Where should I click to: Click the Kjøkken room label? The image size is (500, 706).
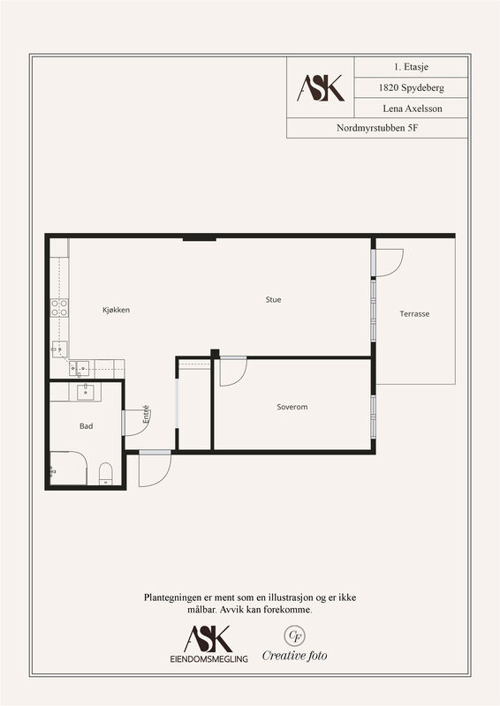(117, 310)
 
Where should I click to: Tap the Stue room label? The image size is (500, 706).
(273, 299)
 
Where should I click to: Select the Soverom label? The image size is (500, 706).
(292, 407)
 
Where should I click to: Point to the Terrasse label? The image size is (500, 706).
(414, 314)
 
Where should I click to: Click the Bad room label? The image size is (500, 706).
(86, 426)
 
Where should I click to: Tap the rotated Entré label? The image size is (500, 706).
(146, 414)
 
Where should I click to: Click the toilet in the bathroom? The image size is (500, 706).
(105, 474)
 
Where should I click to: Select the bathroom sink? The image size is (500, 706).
(85, 392)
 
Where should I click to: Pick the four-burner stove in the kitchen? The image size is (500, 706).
(59, 307)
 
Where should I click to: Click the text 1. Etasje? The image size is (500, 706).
(411, 67)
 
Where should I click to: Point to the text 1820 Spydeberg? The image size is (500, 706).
(411, 87)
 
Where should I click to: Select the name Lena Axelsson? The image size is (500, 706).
(413, 109)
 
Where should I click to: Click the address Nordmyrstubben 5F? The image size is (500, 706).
(377, 128)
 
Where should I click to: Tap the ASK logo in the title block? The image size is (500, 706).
(321, 87)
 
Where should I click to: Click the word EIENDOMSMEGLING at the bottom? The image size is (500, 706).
(208, 658)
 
